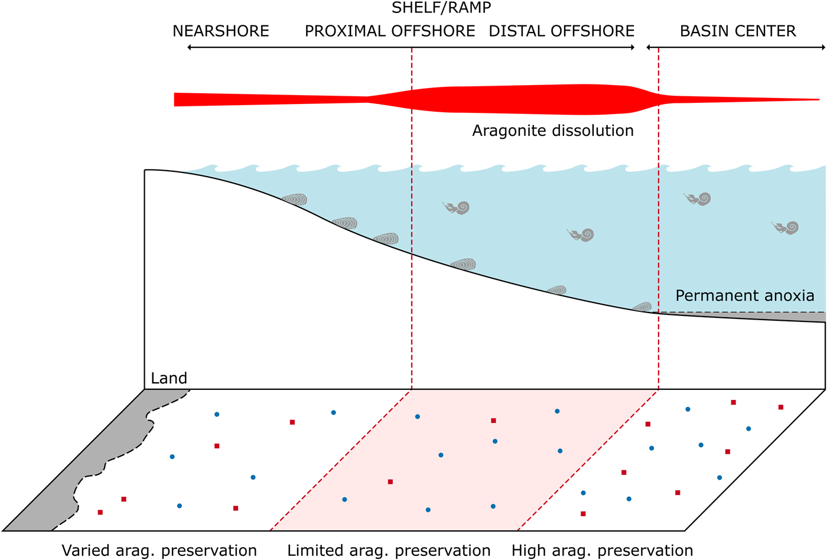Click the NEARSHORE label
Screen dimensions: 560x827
tap(220, 31)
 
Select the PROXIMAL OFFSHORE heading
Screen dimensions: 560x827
tap(390, 31)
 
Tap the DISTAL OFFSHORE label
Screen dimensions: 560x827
tap(562, 31)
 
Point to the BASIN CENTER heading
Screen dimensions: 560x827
tap(738, 31)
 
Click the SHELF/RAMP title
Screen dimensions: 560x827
tap(441, 8)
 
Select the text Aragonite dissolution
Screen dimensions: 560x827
tap(553, 131)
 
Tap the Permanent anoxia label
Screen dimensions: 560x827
tap(744, 295)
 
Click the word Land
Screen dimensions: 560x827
tap(169, 378)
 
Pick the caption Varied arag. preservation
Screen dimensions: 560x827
tap(159, 551)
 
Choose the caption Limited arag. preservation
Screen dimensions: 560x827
tap(389, 551)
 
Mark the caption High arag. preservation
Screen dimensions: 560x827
tap(602, 551)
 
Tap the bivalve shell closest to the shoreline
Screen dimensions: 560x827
tap(295, 200)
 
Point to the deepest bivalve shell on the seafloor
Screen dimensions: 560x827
tap(643, 307)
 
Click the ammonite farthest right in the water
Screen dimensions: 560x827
tap(786, 227)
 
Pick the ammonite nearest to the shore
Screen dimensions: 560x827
tap(457, 207)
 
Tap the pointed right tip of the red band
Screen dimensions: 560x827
tap(819, 99)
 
